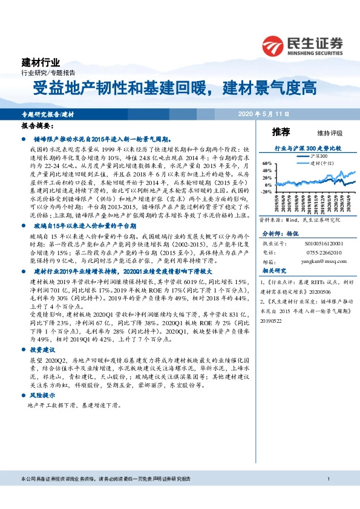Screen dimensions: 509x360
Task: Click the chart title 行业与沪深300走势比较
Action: pyautogui.click(x=308, y=148)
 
